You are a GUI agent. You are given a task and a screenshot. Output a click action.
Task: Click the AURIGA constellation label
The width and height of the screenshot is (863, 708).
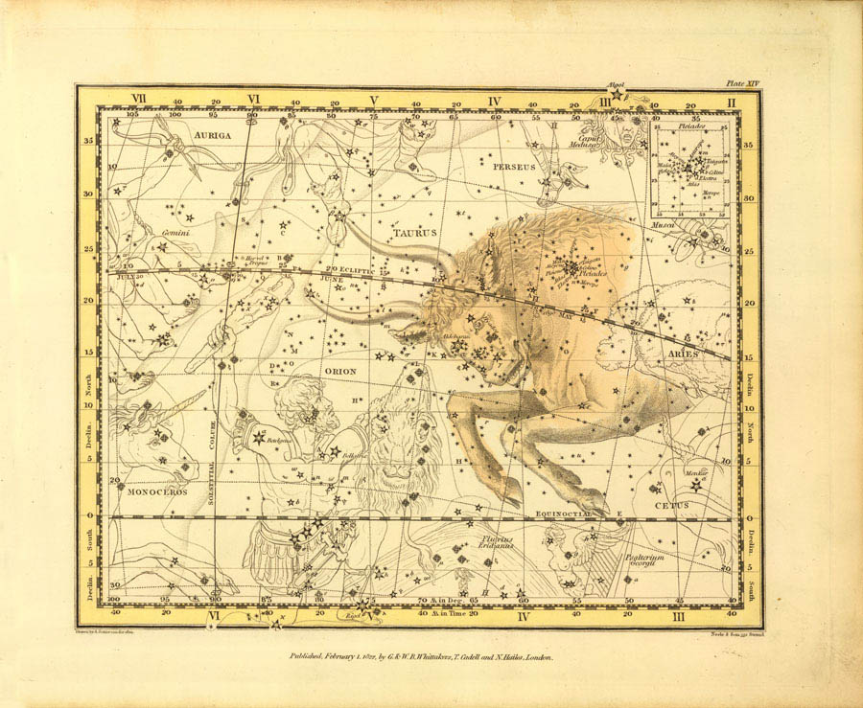(x=212, y=136)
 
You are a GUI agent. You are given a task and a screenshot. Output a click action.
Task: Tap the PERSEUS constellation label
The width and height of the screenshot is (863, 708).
(x=512, y=167)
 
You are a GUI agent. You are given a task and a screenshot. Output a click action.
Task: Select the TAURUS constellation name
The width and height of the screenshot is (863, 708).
(x=414, y=233)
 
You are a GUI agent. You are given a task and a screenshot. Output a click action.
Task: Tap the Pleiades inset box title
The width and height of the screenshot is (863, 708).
(x=690, y=126)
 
